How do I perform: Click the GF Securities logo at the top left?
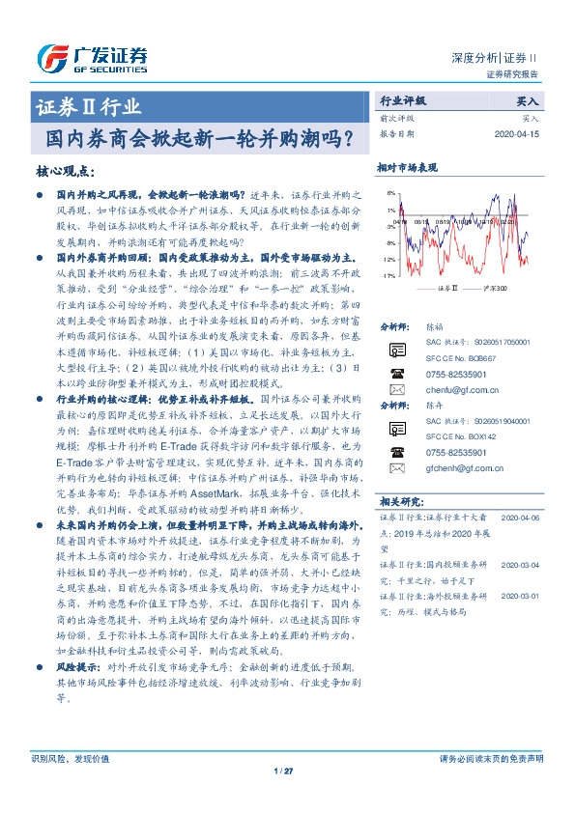pyautogui.click(x=92, y=58)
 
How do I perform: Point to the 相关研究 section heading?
pyautogui.click(x=401, y=502)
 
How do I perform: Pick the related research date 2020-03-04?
pyautogui.click(x=520, y=563)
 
